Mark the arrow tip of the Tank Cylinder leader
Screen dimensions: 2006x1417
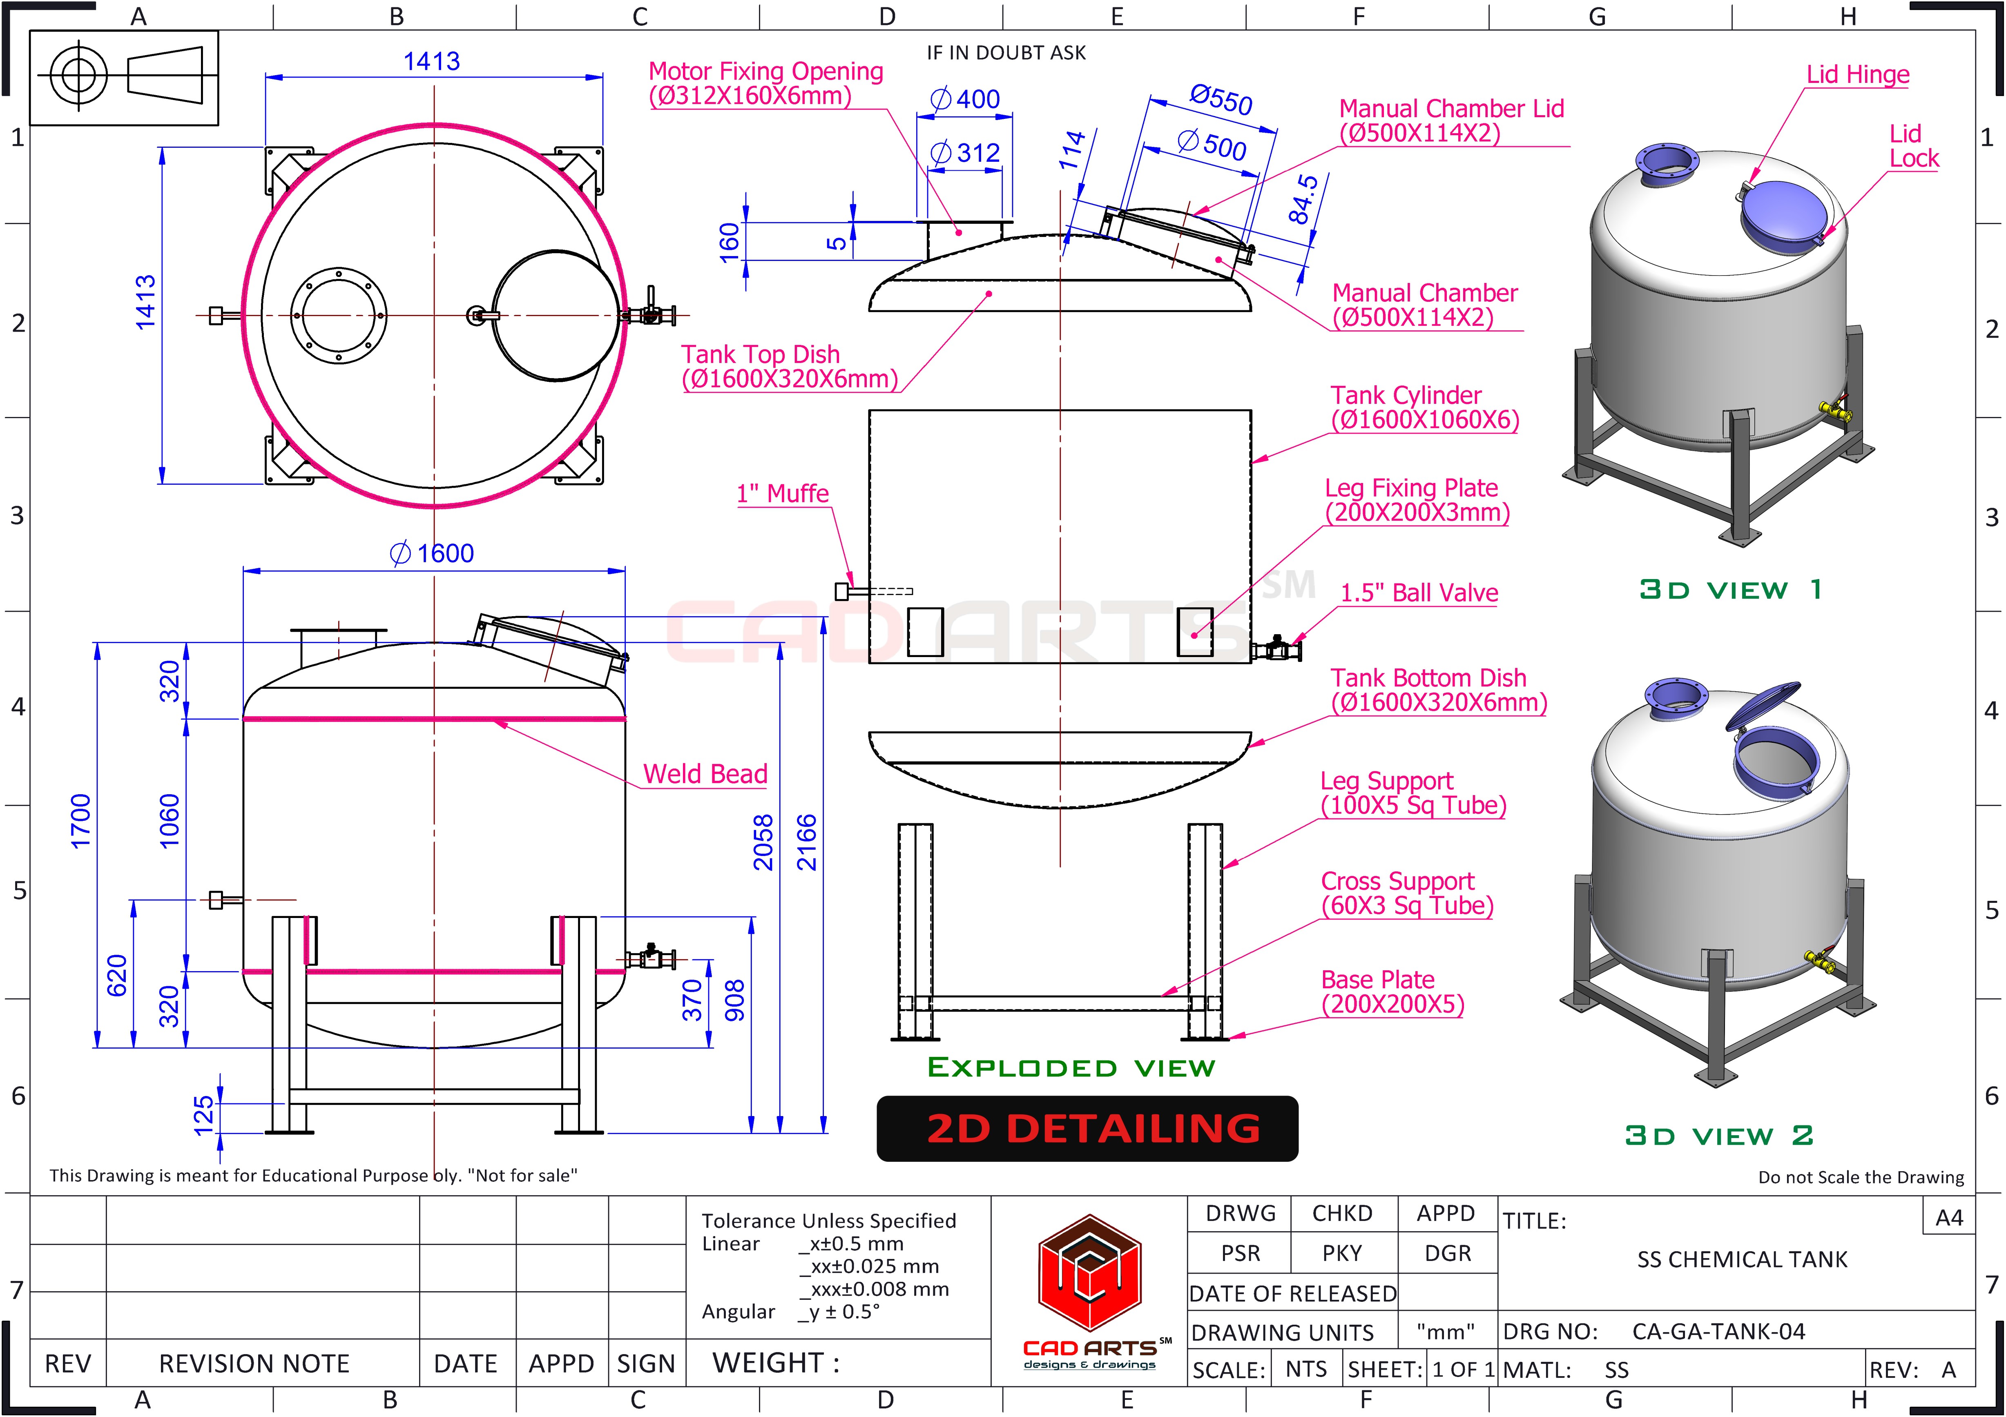[x=1252, y=462]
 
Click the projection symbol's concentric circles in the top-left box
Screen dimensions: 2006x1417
[x=79, y=75]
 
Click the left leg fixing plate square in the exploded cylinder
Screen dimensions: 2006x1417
[x=925, y=632]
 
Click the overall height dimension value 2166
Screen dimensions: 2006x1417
[x=806, y=842]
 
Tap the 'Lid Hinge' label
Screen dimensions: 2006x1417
[x=1857, y=75]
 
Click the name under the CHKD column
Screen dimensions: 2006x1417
[x=1342, y=1254]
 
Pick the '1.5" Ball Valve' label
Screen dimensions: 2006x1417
[x=1419, y=593]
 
